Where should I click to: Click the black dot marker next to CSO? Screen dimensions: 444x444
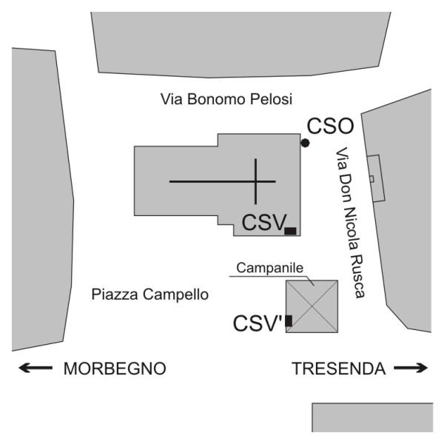(305, 143)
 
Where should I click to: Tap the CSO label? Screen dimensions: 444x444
(331, 126)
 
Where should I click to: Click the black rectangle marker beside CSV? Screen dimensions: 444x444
(291, 231)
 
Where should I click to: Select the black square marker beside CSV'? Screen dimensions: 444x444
(289, 321)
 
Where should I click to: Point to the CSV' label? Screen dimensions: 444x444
(258, 323)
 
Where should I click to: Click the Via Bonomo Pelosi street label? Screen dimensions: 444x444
(226, 99)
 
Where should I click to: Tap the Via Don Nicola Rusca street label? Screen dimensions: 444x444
(350, 223)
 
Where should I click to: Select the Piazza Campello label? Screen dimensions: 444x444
(150, 295)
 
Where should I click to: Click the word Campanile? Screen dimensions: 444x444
(270, 268)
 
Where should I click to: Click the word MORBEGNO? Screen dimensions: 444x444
(115, 369)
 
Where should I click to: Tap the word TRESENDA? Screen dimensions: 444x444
(339, 369)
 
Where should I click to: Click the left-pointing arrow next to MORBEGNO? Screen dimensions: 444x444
(36, 368)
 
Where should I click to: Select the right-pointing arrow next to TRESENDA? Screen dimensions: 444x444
(411, 368)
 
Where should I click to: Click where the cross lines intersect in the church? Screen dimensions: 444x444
(256, 181)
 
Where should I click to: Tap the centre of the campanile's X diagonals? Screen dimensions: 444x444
(312, 306)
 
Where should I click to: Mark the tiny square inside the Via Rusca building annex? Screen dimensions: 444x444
(371, 179)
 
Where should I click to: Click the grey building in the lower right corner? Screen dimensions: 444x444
(372, 417)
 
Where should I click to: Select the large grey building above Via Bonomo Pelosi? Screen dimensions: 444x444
(240, 44)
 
